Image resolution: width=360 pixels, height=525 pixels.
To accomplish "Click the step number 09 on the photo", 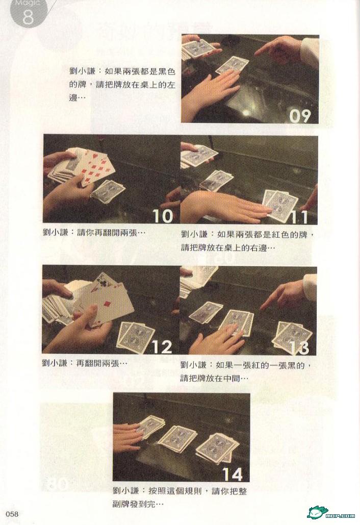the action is [300, 115].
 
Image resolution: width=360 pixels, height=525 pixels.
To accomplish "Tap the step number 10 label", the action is [163, 216].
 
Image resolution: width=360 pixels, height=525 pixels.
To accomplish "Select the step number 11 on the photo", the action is [299, 217].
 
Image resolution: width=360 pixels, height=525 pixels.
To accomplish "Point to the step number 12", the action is [162, 347].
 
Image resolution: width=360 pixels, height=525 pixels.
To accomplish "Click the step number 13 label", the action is [299, 348].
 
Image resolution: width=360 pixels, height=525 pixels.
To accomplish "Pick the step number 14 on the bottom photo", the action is [232, 474].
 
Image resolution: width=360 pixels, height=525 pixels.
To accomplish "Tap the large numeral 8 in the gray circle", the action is [29, 16].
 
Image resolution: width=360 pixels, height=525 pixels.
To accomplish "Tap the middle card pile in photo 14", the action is [177, 438].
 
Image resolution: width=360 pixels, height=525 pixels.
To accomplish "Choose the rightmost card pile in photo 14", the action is [217, 447].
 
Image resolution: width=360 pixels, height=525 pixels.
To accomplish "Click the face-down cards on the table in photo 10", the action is [108, 191].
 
